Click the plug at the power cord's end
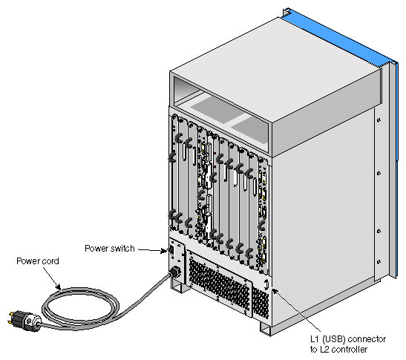point(24,321)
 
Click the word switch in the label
point(121,249)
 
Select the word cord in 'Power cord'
point(50,261)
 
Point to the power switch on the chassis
point(171,250)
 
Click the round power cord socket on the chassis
point(175,272)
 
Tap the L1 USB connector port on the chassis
point(266,284)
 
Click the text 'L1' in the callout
point(315,339)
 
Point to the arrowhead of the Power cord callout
point(59,287)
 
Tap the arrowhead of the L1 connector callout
point(275,292)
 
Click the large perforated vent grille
point(219,285)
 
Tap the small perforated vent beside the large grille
point(261,304)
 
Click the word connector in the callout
point(367,339)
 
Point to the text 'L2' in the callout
point(324,350)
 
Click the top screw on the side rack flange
point(379,120)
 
